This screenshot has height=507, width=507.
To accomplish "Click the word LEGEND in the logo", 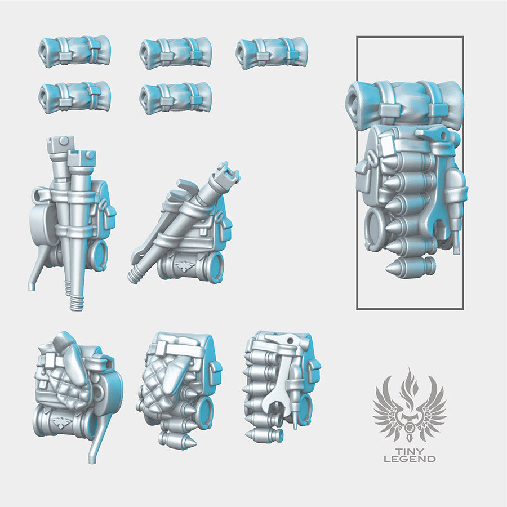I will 410,459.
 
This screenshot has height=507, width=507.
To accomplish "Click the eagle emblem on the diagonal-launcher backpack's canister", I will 184,265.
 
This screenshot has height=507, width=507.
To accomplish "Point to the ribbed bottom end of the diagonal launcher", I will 137,275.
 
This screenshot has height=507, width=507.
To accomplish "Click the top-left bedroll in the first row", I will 74,52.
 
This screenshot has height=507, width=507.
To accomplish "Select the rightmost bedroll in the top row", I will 272,54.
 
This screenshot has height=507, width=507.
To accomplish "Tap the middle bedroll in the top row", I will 175,54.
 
